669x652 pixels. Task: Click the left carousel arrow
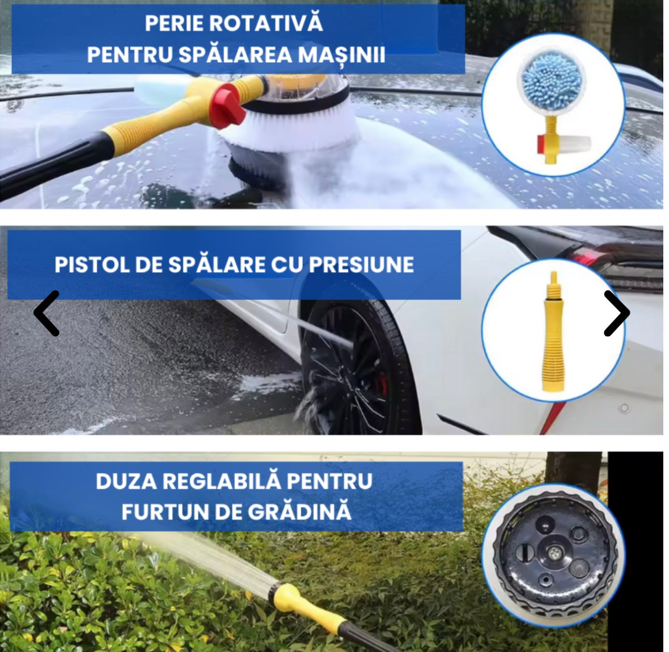[47, 313]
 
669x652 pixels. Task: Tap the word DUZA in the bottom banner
[126, 481]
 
